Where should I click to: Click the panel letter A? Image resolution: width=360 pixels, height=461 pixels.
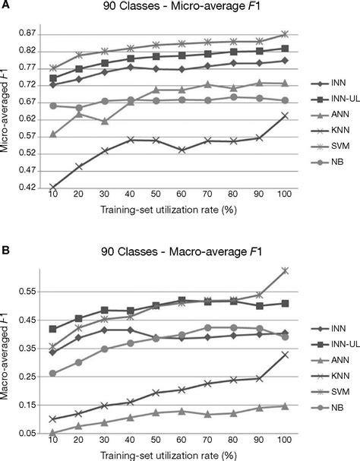[6, 6]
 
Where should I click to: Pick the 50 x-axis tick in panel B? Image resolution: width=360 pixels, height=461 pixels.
[156, 441]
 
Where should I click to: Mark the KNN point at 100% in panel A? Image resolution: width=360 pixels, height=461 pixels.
[283, 115]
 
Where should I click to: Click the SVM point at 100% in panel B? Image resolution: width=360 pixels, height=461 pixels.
[283, 270]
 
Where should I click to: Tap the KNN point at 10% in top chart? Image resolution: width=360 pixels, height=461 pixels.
[53, 187]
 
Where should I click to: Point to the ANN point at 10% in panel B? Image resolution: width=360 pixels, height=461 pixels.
[53, 432]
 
